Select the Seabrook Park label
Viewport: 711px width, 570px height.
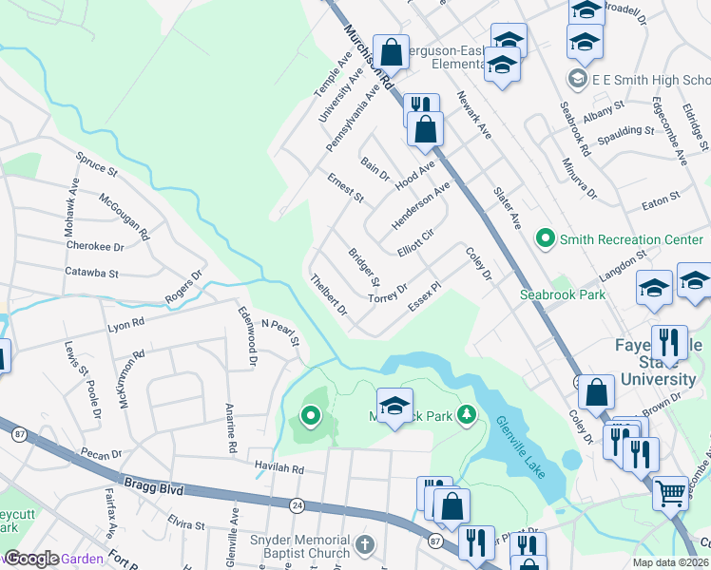(x=562, y=294)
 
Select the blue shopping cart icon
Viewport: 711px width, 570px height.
(x=671, y=491)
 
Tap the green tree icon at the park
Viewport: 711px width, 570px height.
(x=466, y=414)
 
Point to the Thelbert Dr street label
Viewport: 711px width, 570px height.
(x=329, y=294)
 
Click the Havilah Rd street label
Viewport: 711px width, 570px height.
(x=279, y=469)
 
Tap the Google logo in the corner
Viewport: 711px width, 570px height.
(x=32, y=560)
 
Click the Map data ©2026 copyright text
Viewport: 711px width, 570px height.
(x=671, y=562)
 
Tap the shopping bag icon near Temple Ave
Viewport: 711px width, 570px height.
(x=391, y=50)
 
